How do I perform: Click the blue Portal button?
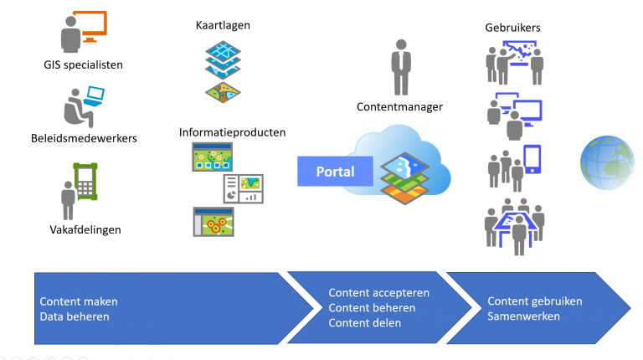pyautogui.click(x=334, y=172)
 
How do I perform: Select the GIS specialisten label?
pyautogui.click(x=84, y=64)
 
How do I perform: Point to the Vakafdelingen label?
pyautogui.click(x=84, y=230)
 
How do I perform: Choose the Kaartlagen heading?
pyautogui.click(x=222, y=25)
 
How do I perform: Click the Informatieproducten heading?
pyautogui.click(x=232, y=132)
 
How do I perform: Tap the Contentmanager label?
pyautogui.click(x=399, y=106)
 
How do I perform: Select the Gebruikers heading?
pyautogui.click(x=512, y=27)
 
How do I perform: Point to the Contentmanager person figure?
pyautogui.click(x=401, y=69)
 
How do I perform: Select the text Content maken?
pyautogui.click(x=79, y=301)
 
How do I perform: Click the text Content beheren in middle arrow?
pyautogui.click(x=372, y=307)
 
